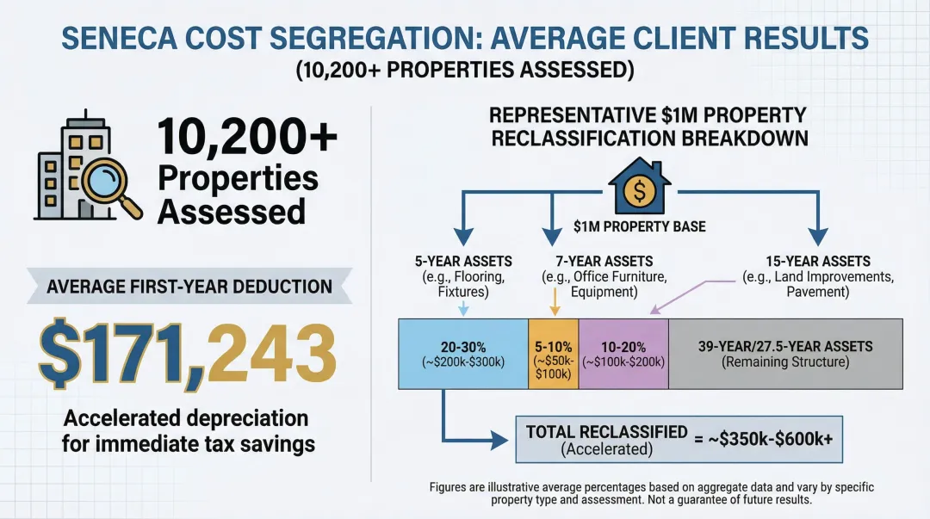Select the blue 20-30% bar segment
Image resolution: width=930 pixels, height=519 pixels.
[462, 353]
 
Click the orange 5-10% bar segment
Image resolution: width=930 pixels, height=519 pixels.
[553, 353]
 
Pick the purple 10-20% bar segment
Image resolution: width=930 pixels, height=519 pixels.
[623, 353]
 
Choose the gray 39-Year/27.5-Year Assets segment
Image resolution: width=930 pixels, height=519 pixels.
[784, 353]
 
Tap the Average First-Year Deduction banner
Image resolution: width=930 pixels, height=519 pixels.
[189, 287]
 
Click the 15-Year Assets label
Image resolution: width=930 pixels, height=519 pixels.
[817, 261]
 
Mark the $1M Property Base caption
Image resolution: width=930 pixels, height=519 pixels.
[639, 227]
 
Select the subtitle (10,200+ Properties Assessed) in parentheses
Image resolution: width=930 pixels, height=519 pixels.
[464, 71]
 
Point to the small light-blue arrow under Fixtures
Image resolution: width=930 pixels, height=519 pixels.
[463, 307]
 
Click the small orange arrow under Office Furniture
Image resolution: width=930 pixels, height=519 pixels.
[553, 306]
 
